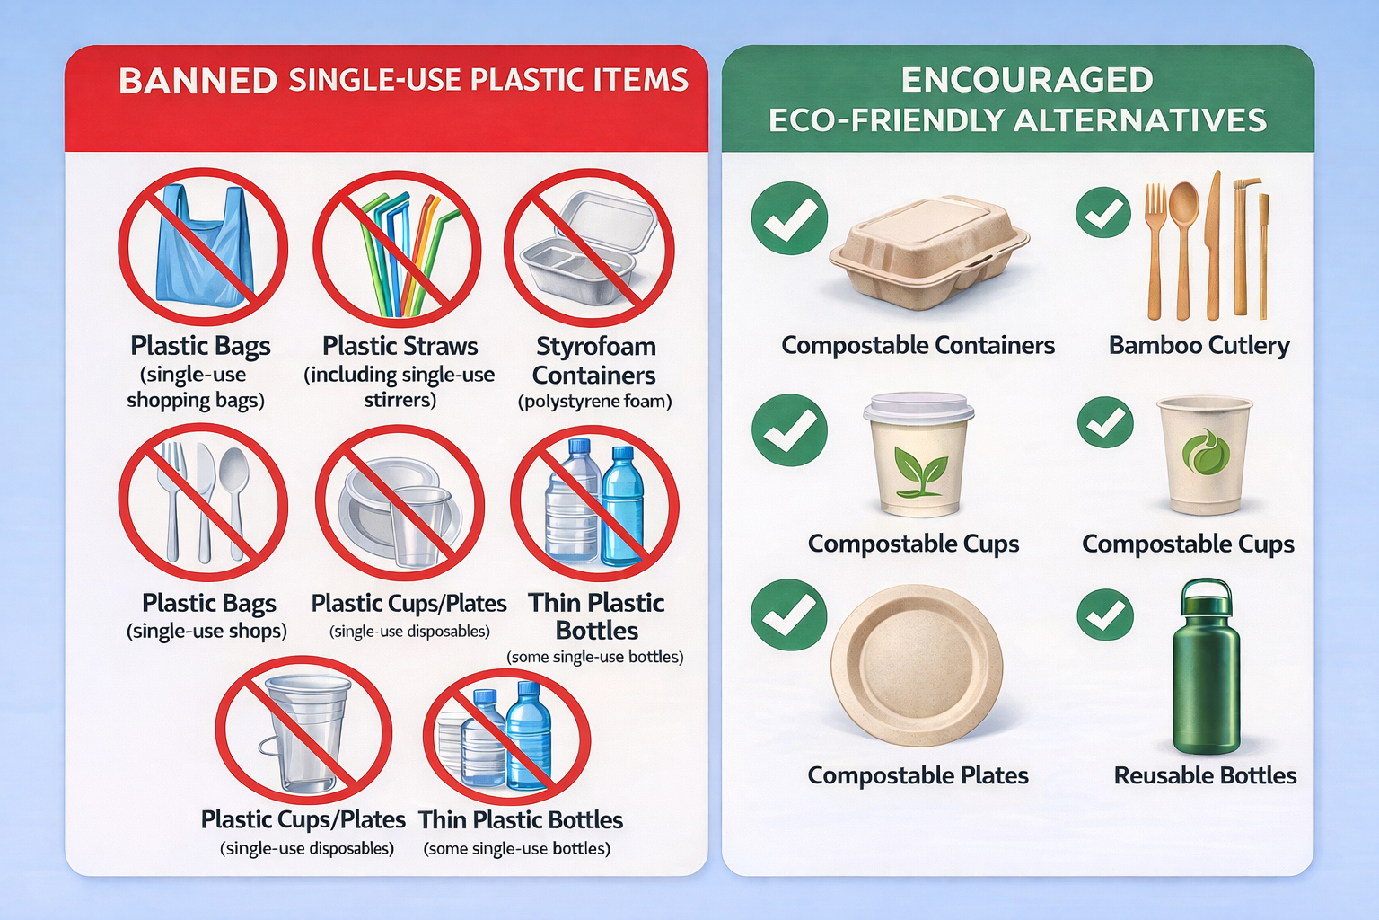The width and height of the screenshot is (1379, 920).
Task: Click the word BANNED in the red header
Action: click(x=198, y=81)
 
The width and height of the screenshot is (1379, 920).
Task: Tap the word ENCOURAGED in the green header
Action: click(x=1026, y=80)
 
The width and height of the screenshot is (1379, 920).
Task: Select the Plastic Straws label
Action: click(x=400, y=346)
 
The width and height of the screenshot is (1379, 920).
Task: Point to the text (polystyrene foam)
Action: click(x=594, y=402)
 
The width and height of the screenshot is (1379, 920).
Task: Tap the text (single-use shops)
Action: click(x=206, y=631)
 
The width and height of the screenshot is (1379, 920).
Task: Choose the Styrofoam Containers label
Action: click(x=594, y=360)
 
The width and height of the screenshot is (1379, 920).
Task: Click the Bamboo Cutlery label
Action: click(x=1199, y=345)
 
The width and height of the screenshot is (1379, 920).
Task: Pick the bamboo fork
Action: click(x=1155, y=243)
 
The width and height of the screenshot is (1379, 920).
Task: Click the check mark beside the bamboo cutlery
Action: click(x=1103, y=213)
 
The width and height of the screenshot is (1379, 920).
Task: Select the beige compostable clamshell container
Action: click(x=928, y=252)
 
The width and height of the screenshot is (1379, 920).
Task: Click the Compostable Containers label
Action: click(x=918, y=345)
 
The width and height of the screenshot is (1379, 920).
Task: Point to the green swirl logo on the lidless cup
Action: click(x=1204, y=452)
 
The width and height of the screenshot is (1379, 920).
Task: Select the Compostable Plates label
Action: click(x=918, y=775)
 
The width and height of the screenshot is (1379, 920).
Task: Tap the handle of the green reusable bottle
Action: click(x=1206, y=594)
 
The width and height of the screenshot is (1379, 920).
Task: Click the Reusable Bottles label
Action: click(x=1205, y=775)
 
